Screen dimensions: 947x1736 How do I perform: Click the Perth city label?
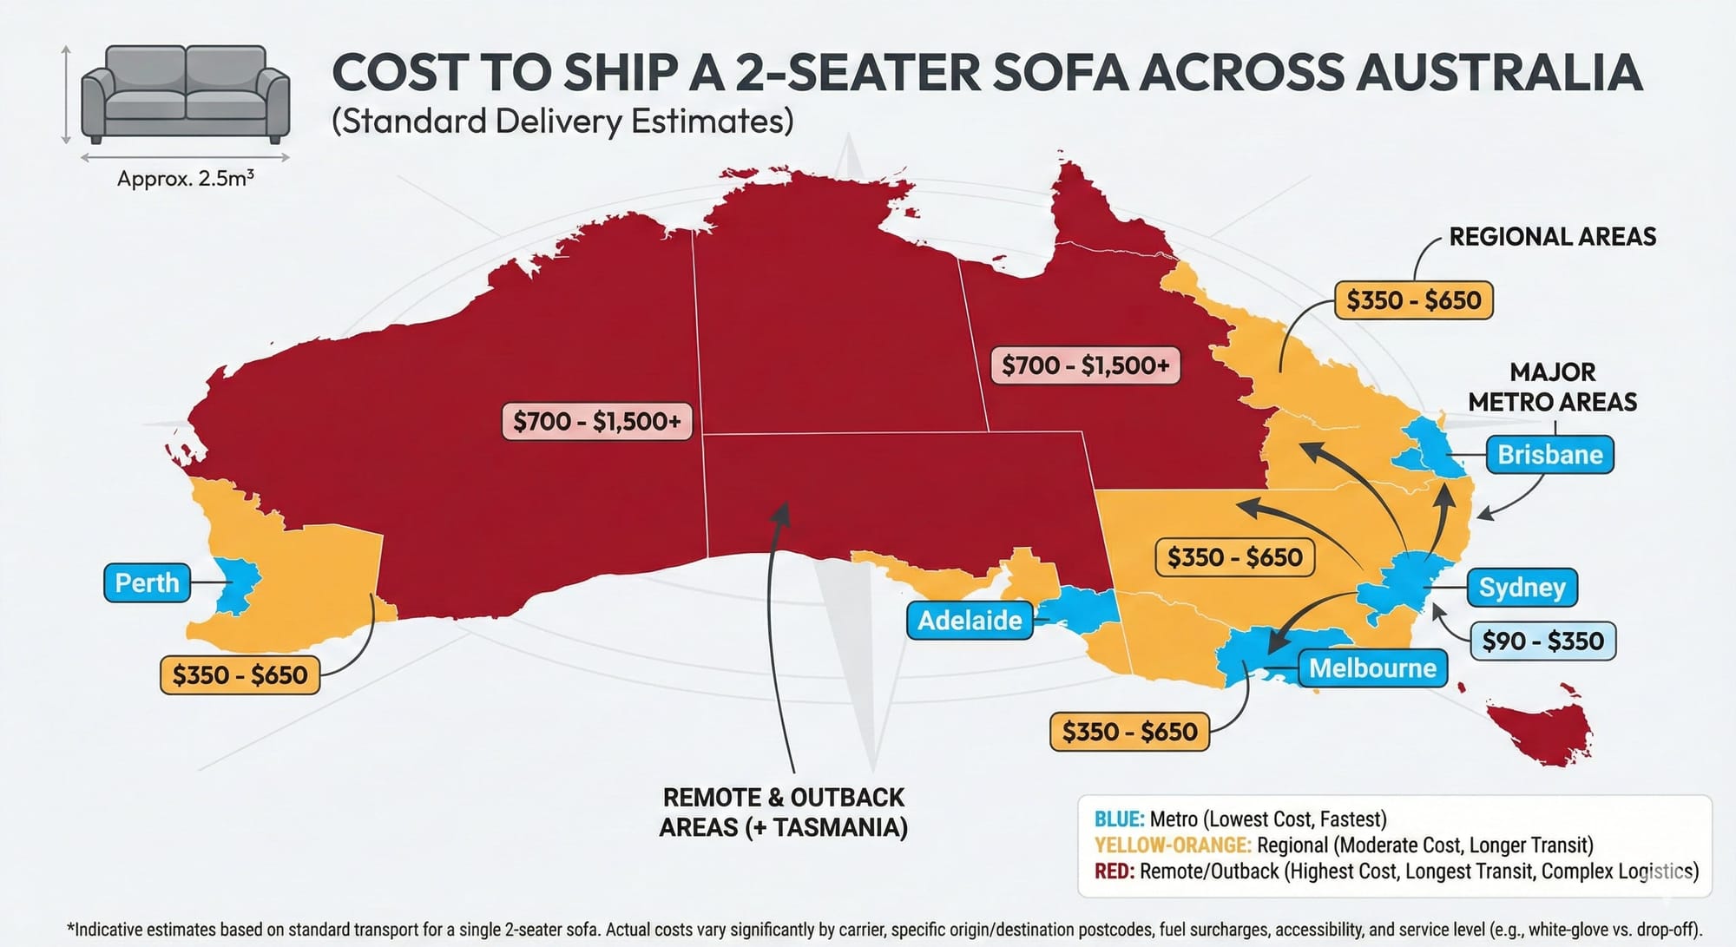pos(147,582)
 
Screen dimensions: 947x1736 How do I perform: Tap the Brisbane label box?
pos(1549,455)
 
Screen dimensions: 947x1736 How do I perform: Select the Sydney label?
pos(1522,588)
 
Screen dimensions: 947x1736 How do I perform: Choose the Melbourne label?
pos(1371,668)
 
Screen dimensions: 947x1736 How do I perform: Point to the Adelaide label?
pos(970,620)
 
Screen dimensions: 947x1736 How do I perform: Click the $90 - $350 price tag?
pos(1542,641)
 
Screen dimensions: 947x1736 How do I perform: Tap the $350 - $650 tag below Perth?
pos(240,674)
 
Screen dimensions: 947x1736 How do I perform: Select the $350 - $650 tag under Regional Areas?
pos(1413,300)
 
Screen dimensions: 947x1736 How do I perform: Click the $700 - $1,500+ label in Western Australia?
pos(596,421)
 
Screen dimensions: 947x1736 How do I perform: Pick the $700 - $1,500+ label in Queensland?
pos(1085,365)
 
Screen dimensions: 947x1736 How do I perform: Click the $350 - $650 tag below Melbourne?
pos(1129,732)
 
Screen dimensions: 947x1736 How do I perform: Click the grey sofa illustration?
pos(185,94)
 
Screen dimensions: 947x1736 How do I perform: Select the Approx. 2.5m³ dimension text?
pos(185,179)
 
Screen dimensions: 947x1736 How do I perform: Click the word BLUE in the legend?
pos(1118,819)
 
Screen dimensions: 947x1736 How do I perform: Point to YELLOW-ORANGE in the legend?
pos(1172,845)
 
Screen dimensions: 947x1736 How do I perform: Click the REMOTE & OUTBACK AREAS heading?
pos(783,812)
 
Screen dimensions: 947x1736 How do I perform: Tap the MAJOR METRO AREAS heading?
pos(1552,387)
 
